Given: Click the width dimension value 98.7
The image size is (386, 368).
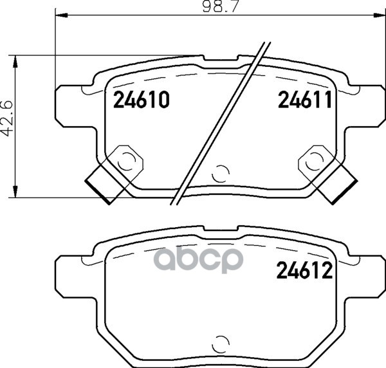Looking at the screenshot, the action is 221,6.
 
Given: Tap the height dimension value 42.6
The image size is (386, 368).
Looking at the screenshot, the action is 7,118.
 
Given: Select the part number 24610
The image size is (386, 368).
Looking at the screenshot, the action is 142,100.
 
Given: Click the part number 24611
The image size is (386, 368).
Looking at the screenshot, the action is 305,100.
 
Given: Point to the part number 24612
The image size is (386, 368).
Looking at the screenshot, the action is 304,270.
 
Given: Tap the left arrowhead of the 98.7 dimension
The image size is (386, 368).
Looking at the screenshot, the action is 62,15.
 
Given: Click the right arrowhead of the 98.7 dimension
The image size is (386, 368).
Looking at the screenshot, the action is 379,15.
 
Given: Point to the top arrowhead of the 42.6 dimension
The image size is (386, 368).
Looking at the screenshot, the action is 15,62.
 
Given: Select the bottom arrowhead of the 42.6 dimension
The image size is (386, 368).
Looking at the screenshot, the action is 15,191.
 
